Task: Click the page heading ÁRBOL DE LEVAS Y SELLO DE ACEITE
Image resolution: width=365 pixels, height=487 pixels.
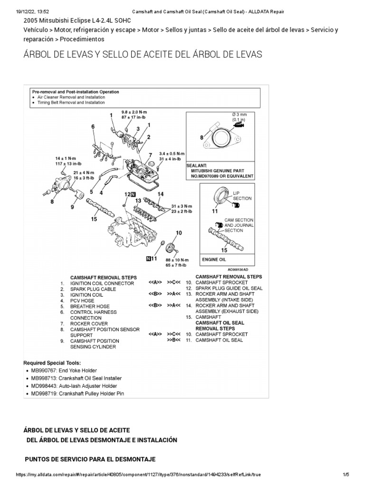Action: click(x=143, y=54)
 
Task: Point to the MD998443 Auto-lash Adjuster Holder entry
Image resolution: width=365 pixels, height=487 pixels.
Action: click(x=73, y=386)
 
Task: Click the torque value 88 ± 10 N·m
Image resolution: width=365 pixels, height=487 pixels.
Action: click(x=177, y=260)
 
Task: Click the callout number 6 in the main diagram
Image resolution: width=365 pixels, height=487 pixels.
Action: click(x=93, y=126)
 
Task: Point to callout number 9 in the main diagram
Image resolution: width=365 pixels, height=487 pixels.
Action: click(x=72, y=207)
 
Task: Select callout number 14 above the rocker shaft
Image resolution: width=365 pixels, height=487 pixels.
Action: click(x=161, y=194)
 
